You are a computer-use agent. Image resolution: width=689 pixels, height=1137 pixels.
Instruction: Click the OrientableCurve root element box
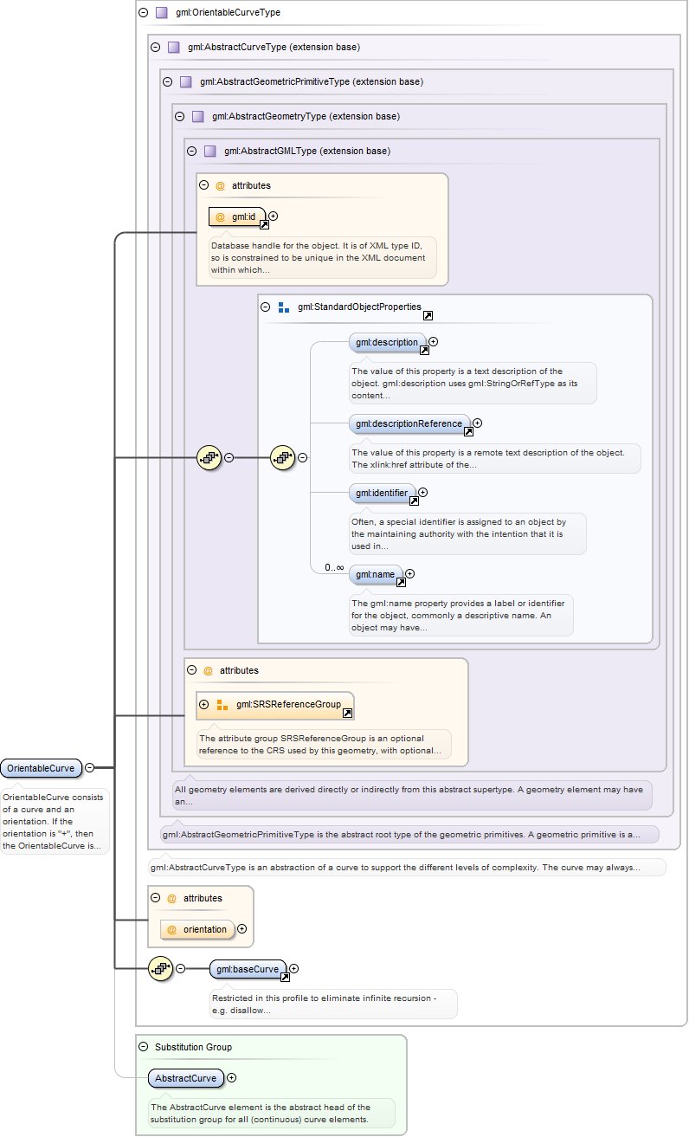[41, 768]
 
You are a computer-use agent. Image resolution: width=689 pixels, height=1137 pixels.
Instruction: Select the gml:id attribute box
[236, 216]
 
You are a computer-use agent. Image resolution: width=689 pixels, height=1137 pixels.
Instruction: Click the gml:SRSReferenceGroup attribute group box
[275, 705]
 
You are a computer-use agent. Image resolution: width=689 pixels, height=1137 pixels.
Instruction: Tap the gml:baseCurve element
[248, 969]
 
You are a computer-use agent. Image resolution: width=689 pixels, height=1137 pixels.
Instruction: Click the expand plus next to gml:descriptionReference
[477, 423]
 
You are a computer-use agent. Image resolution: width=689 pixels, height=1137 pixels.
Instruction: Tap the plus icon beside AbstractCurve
[231, 1078]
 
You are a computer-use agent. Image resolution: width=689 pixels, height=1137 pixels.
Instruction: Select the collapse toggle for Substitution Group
[144, 1047]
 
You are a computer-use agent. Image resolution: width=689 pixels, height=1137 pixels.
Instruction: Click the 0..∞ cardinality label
[334, 567]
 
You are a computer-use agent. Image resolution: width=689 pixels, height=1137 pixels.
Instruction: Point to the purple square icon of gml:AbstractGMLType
[210, 151]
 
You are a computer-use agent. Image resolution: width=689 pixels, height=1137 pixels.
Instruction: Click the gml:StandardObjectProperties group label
[358, 307]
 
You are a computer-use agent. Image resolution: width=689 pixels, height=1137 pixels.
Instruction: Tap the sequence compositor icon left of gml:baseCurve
[160, 968]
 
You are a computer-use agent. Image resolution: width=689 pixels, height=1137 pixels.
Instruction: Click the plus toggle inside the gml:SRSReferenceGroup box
[205, 704]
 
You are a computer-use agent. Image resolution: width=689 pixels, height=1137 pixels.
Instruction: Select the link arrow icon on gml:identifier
[414, 501]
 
